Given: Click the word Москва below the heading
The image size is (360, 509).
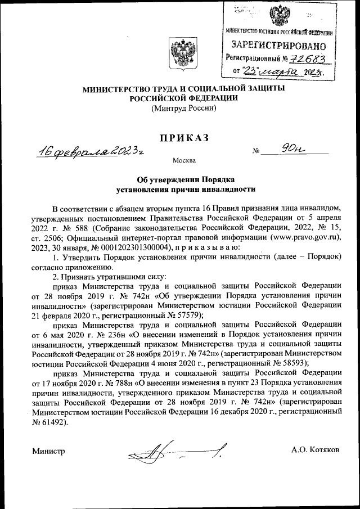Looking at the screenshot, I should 184,161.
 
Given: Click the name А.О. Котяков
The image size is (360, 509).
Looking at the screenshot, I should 315,451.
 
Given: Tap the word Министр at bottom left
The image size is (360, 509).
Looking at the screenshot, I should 48,451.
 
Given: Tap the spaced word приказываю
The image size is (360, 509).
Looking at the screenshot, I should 209,247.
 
